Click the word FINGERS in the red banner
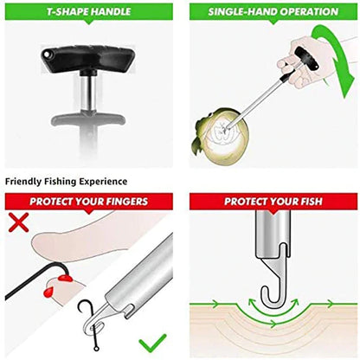click(x=124, y=202)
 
